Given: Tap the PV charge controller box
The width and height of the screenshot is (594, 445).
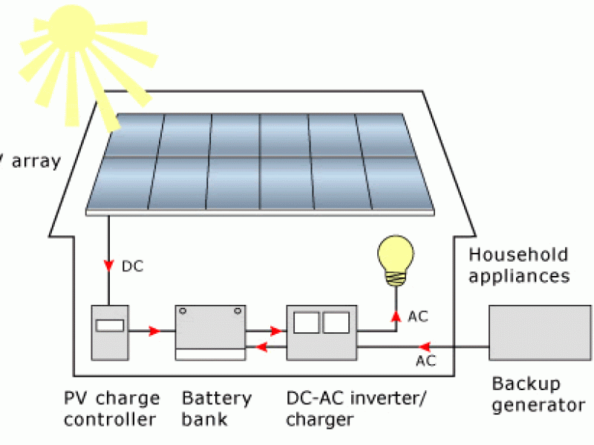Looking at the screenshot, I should tap(110, 332).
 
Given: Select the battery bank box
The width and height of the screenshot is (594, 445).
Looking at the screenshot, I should tap(210, 332).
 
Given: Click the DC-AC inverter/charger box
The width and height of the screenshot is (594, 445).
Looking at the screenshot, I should tap(321, 332).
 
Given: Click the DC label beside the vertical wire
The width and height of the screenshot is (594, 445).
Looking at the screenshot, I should tap(132, 266).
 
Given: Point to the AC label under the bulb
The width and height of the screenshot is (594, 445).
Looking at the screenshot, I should tap(418, 317).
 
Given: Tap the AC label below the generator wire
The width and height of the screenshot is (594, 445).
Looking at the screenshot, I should tap(425, 361).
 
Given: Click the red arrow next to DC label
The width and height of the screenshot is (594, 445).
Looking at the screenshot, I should tap(110, 266).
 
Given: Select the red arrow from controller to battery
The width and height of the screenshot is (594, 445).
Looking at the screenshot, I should tap(154, 331).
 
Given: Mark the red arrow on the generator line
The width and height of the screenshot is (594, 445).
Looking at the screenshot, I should tap(423, 346).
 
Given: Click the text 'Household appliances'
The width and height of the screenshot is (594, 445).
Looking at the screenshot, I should tap(519, 266).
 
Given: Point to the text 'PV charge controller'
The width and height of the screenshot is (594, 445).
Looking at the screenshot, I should tap(111, 409).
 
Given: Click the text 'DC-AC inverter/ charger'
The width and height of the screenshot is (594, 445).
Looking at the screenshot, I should tap(346, 409).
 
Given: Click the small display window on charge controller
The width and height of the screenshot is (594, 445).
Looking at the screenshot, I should tap(110, 324).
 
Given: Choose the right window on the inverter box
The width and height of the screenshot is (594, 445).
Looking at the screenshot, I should tap(336, 322).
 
